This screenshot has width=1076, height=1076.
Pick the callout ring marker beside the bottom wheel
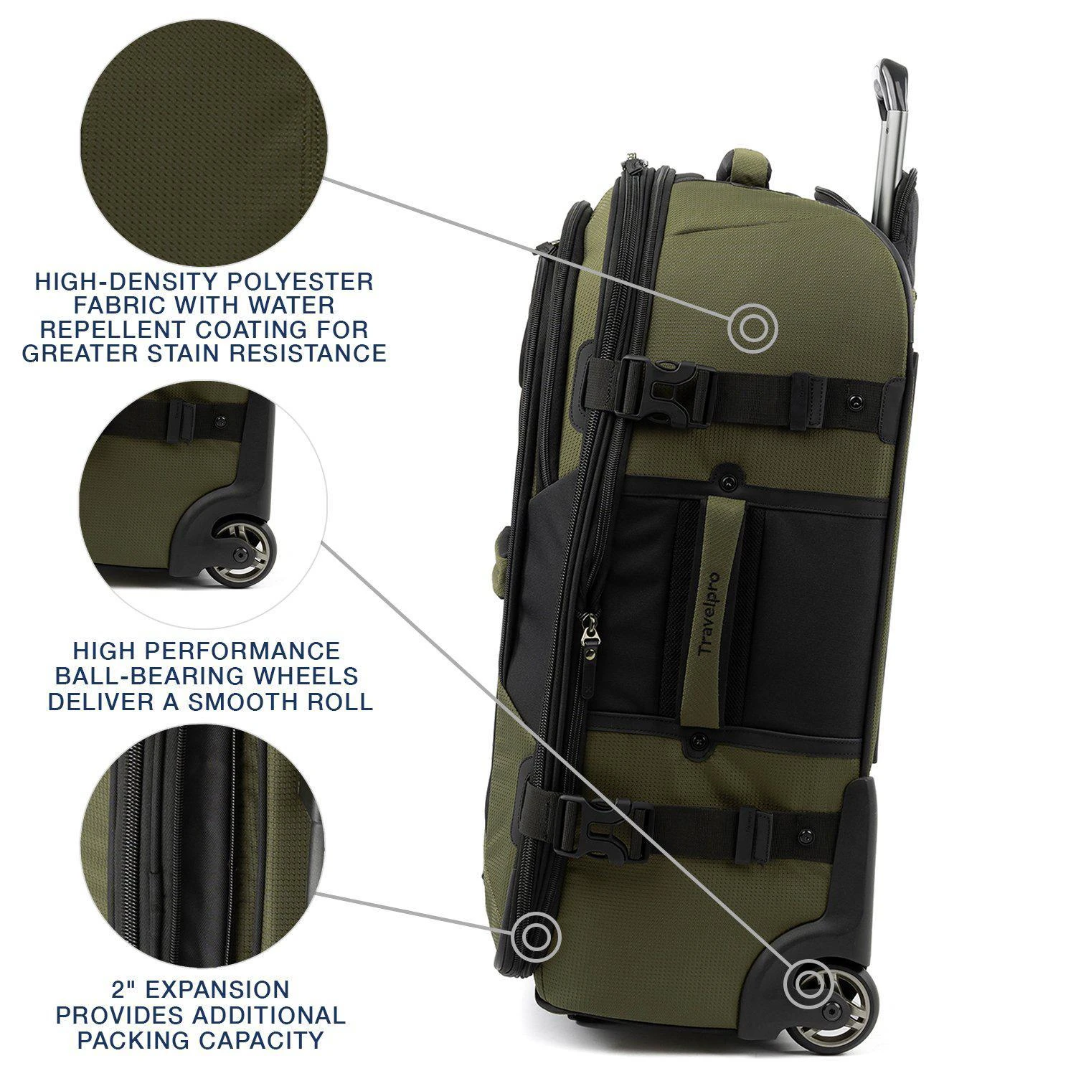pyautogui.click(x=807, y=986)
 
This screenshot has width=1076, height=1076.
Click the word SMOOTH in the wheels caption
pyautogui.click(x=243, y=701)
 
